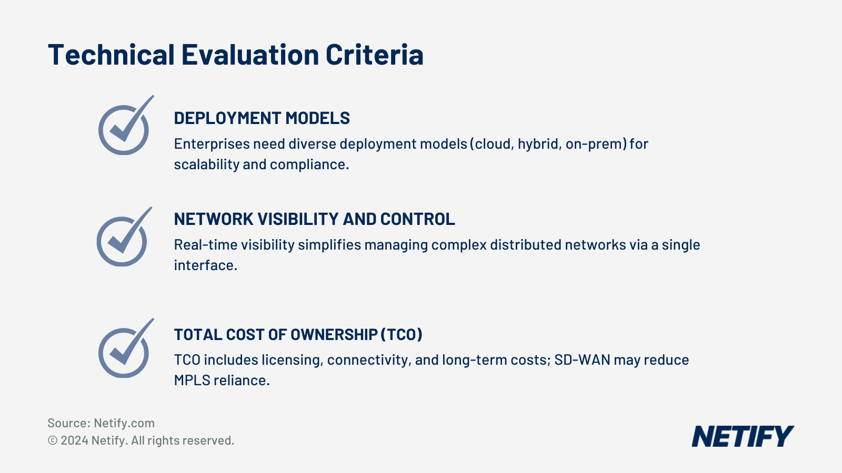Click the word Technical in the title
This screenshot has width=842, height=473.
(x=111, y=55)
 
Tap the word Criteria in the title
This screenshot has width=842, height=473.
(x=374, y=55)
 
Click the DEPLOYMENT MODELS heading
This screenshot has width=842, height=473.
(x=262, y=118)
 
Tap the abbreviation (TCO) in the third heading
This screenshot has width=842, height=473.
(x=402, y=335)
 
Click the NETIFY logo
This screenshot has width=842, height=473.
(x=742, y=436)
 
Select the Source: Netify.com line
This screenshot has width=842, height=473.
(x=101, y=423)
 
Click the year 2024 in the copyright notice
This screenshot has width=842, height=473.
(x=74, y=440)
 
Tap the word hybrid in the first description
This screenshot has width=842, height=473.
(x=538, y=144)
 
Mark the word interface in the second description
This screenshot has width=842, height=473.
(x=205, y=265)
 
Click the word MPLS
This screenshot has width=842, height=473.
(x=192, y=381)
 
